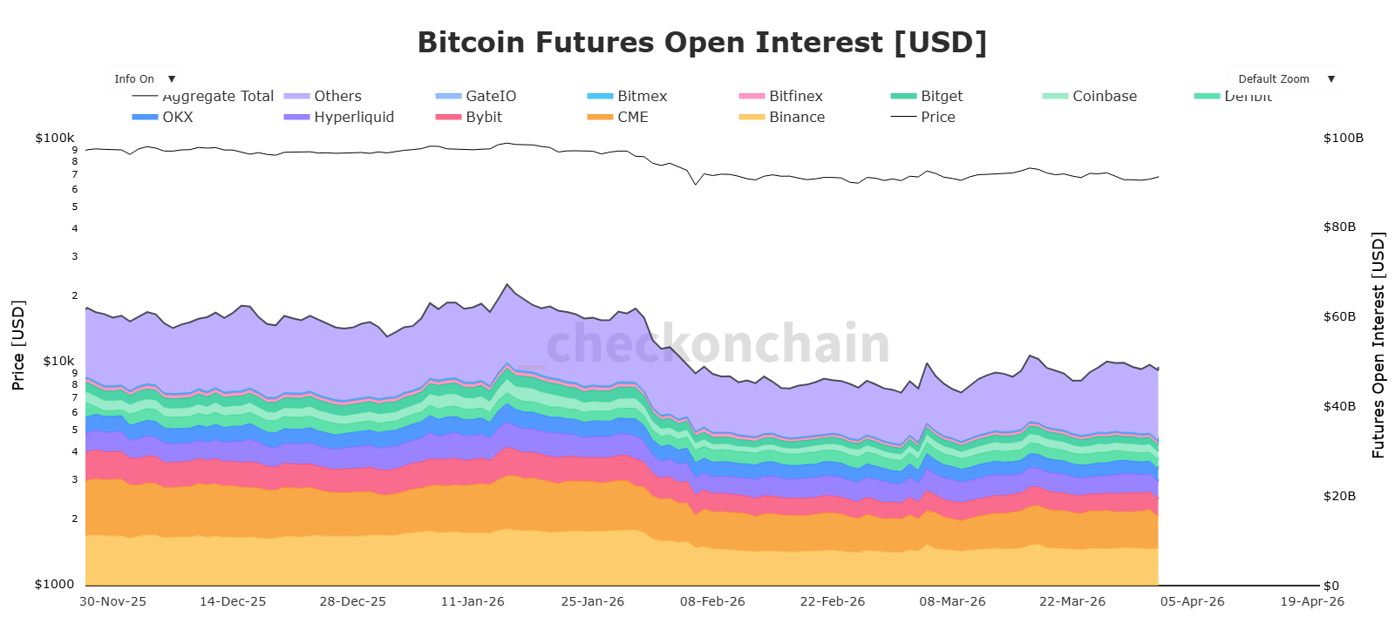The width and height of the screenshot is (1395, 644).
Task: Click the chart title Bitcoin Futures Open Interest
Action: click(702, 43)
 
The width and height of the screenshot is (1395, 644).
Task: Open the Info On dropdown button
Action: click(143, 79)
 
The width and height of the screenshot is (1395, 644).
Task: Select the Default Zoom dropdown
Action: click(1283, 79)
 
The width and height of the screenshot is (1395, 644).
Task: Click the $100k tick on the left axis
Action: click(55, 138)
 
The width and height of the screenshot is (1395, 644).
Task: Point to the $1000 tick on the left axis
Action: click(54, 584)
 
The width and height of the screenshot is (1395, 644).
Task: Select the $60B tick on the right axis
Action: click(1339, 316)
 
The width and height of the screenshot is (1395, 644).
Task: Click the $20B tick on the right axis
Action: click(1339, 496)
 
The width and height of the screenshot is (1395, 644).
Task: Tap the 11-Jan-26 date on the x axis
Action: click(473, 601)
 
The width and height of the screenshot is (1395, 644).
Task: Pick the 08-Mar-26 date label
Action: click(952, 601)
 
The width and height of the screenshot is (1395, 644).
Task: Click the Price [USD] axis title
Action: click(18, 345)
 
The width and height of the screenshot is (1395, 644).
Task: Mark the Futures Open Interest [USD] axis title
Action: click(1378, 345)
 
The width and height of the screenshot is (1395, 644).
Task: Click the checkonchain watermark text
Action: click(718, 343)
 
